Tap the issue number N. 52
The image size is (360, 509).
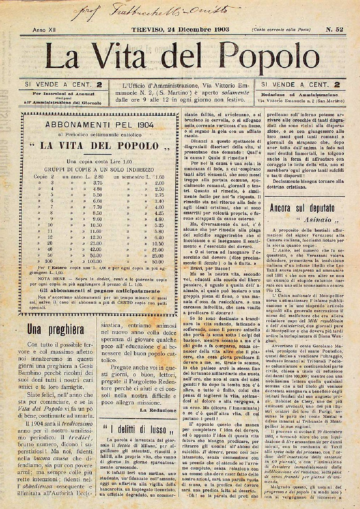point(335,30)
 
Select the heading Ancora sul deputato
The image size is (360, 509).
point(302,208)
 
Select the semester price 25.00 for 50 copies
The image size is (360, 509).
point(158,256)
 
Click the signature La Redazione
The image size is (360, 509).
point(158,410)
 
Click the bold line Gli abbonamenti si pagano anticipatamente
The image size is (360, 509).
point(100,291)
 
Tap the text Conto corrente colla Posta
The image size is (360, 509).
point(281,30)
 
